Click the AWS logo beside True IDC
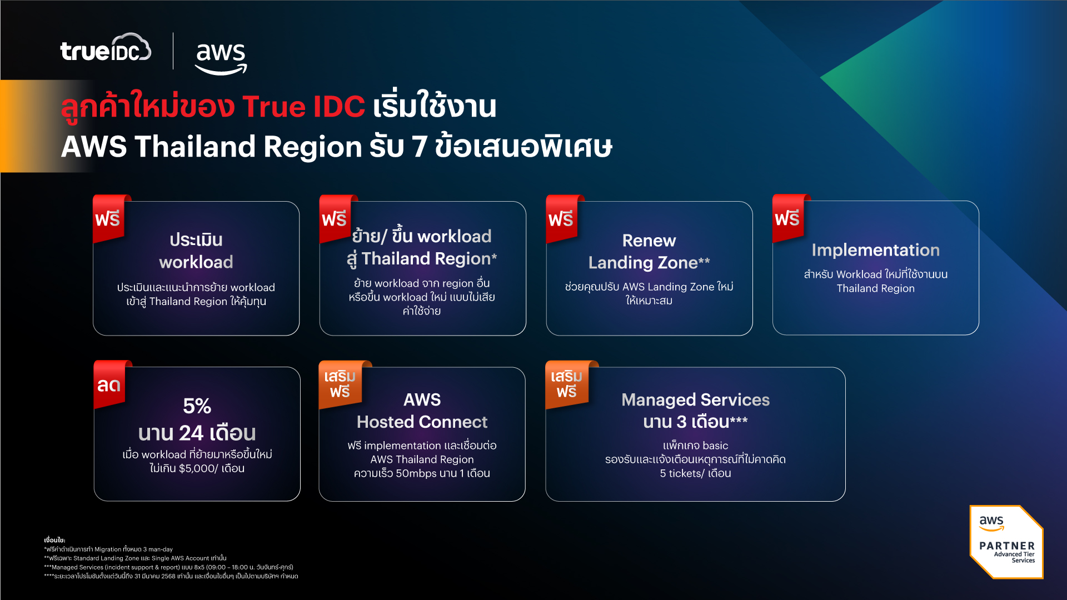pyautogui.click(x=221, y=56)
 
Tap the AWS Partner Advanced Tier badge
pyautogui.click(x=1006, y=542)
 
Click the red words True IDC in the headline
pyautogui.click(x=303, y=107)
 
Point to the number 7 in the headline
pyautogui.click(x=420, y=147)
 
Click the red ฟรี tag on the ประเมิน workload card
pyautogui.click(x=108, y=219)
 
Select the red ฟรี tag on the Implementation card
pyautogui.click(x=787, y=219)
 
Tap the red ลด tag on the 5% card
pyautogui.click(x=109, y=385)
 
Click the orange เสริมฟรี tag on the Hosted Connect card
pyautogui.click(x=340, y=384)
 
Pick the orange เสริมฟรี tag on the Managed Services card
pyautogui.click(x=566, y=384)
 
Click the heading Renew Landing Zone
pyautogui.click(x=649, y=252)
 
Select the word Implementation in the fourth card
pyautogui.click(x=875, y=250)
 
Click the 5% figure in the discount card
pyautogui.click(x=197, y=406)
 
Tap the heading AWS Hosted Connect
pyautogui.click(x=422, y=411)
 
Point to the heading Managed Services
pyautogui.click(x=695, y=400)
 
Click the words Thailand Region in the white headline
pyautogui.click(x=248, y=147)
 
